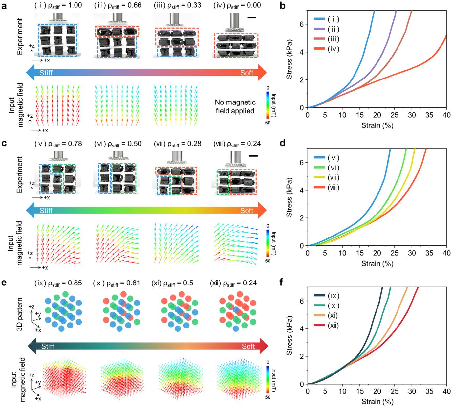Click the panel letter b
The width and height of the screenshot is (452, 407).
tap(282, 6)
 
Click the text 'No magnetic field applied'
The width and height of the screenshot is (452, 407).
tap(235, 106)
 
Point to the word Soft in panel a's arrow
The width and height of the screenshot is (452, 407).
tap(247, 73)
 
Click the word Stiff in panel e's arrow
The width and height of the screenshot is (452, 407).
tap(48, 346)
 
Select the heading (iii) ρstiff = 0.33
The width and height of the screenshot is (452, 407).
tap(177, 5)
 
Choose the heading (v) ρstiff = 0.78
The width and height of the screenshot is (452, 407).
tap(58, 144)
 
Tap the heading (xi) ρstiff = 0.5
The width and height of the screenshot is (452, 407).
tap(172, 283)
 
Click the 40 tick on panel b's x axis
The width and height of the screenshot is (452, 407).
tap(446, 115)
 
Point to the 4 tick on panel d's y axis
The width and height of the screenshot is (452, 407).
tap(302, 190)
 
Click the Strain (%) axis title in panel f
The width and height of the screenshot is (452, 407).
tap(377, 401)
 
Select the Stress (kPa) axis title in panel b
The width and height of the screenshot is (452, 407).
tap(289, 59)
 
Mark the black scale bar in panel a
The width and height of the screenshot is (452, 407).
tap(251, 18)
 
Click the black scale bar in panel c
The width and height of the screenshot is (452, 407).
tap(253, 156)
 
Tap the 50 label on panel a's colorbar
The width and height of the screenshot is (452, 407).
tap(268, 123)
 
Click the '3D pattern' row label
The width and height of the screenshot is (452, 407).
tap(20, 314)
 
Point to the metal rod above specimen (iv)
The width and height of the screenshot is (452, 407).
tap(235, 21)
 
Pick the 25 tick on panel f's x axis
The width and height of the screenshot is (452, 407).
tap(394, 391)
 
